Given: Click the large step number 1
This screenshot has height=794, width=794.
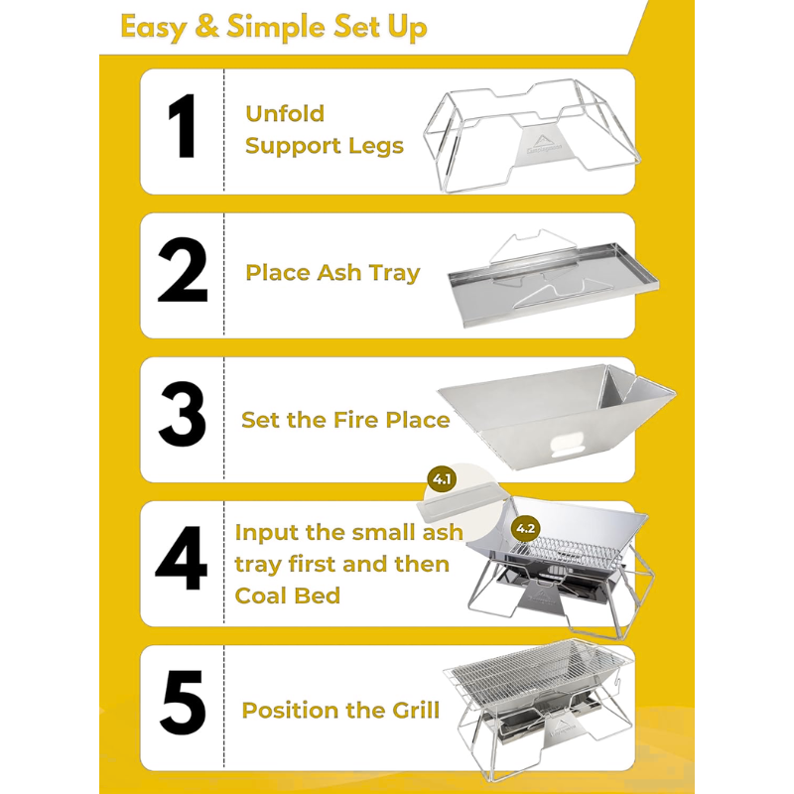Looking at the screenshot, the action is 182,127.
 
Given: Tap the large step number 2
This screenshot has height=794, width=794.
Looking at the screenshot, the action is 183,270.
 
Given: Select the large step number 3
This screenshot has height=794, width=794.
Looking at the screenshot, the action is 183,415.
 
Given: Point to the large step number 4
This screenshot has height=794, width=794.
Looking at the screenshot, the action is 182,559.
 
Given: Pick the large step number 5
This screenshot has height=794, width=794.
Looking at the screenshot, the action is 183,703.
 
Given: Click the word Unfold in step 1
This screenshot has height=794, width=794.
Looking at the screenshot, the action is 285,113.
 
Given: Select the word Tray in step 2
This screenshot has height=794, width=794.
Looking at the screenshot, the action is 394,274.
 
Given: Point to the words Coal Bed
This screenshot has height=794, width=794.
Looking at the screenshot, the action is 288,595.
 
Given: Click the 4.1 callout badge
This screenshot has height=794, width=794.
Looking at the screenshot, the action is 442,479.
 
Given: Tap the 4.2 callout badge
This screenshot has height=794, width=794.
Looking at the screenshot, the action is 526,529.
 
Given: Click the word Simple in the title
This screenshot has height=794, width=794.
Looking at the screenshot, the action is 277,29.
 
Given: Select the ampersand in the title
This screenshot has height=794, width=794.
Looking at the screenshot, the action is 206,27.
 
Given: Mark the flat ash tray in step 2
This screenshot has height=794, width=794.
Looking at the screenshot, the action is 553,285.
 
